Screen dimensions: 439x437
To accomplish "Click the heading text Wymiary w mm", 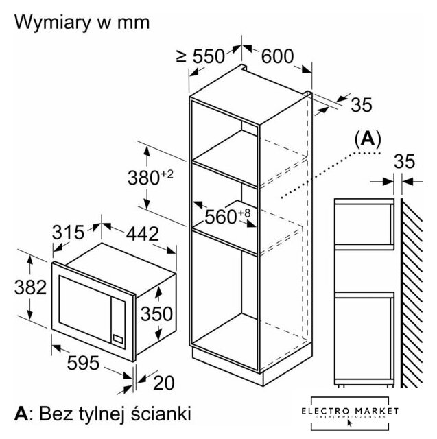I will (x=82, y=22).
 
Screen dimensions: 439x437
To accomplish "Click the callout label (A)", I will (x=367, y=139).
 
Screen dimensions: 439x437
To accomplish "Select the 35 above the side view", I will (x=405, y=162).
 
